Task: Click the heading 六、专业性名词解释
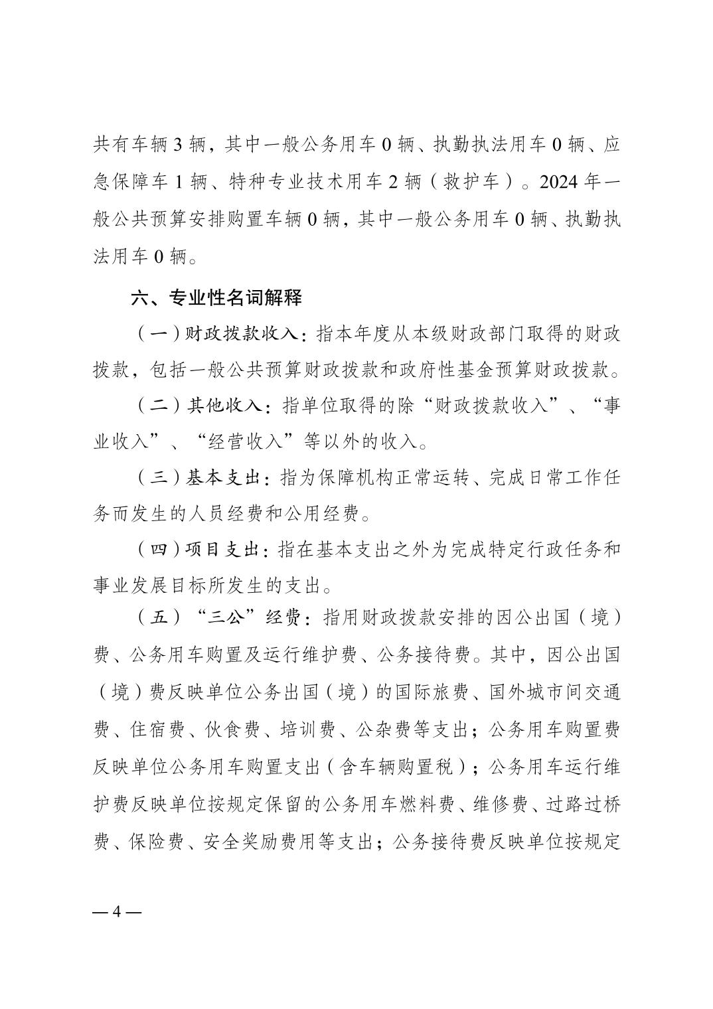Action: tap(216, 298)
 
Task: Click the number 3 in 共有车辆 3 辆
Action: tap(178, 146)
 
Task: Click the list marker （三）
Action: tap(158, 478)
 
